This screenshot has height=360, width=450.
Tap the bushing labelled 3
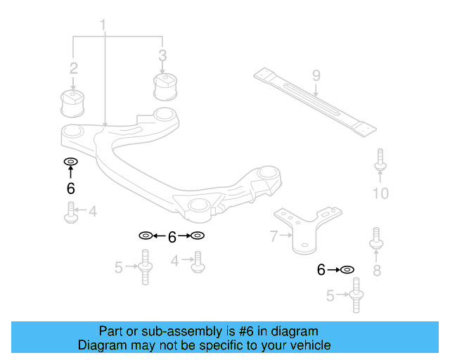tap(163, 86)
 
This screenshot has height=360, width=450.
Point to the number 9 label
tap(316, 75)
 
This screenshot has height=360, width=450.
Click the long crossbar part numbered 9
tap(315, 102)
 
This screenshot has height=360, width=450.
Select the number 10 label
tap(380, 193)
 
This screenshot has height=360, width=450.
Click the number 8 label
tap(377, 269)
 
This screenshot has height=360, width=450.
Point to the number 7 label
tap(274, 237)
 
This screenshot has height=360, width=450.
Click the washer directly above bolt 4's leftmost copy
tap(70, 162)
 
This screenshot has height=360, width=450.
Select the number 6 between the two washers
tap(172, 237)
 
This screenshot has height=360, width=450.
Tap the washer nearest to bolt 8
tap(347, 269)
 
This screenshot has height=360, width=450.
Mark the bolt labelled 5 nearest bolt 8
tap(356, 295)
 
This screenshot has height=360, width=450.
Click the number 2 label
tap(73, 68)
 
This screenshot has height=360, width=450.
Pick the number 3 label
tap(162, 55)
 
